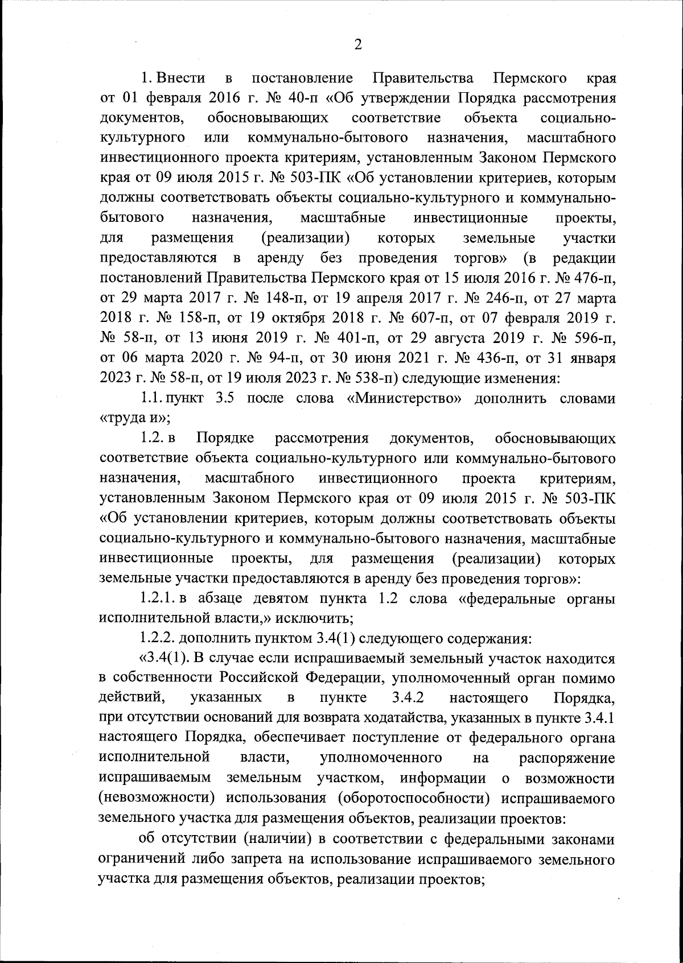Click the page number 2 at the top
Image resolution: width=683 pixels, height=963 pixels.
[x=358, y=45]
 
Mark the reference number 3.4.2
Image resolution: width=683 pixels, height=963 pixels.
[x=408, y=698]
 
